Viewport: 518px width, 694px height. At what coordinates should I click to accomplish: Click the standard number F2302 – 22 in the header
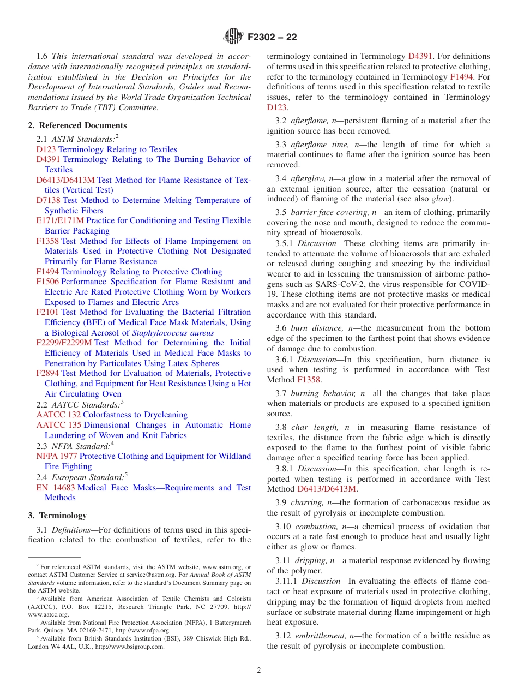tap(272, 38)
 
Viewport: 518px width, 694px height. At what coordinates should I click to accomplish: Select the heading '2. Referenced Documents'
tap(77, 125)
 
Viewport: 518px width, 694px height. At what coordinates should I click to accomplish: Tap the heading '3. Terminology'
tap(57, 516)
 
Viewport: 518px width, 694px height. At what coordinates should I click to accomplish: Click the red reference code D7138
tap(49, 200)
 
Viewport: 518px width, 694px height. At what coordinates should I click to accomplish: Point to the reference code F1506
tap(47, 282)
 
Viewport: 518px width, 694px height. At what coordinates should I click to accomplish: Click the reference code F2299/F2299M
tap(64, 343)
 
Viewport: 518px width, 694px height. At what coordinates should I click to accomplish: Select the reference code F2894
tap(47, 373)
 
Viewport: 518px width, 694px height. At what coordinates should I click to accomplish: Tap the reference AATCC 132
tap(58, 415)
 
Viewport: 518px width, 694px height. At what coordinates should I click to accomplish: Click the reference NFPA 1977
tap(57, 456)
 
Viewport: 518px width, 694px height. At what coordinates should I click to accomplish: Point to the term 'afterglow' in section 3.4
tap(308, 178)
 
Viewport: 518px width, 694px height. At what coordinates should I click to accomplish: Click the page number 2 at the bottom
tap(259, 671)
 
